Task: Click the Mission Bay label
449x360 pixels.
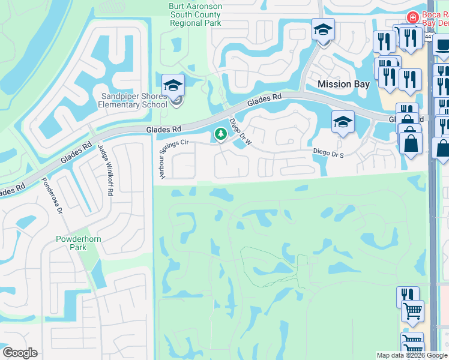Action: pos(343,84)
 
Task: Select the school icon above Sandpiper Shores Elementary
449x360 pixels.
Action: pos(173,85)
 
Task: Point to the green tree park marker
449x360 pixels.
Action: pos(220,134)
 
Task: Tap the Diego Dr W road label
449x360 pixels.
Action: pos(240,125)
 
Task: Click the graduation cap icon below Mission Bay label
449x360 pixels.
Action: pos(342,122)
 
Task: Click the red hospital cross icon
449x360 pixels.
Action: pos(412,18)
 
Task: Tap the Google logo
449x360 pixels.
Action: pos(20,352)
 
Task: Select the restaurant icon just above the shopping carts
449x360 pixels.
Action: pos(408,296)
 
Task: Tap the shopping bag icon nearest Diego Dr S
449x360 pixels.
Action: pos(411,143)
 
